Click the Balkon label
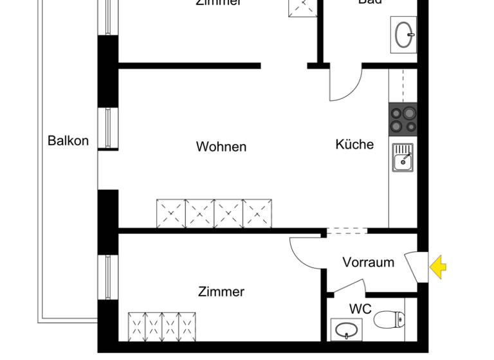coord(68,140)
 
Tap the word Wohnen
coord(221,147)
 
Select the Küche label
coord(354,144)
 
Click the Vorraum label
coord(368,262)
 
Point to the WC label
coord(360,309)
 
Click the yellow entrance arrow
coord(438,267)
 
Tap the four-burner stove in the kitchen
coord(403,119)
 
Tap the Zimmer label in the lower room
coord(221,292)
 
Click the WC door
coord(348,287)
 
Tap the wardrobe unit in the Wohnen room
coord(214,213)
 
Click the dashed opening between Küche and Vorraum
coord(347,231)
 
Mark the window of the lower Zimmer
coord(107,277)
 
